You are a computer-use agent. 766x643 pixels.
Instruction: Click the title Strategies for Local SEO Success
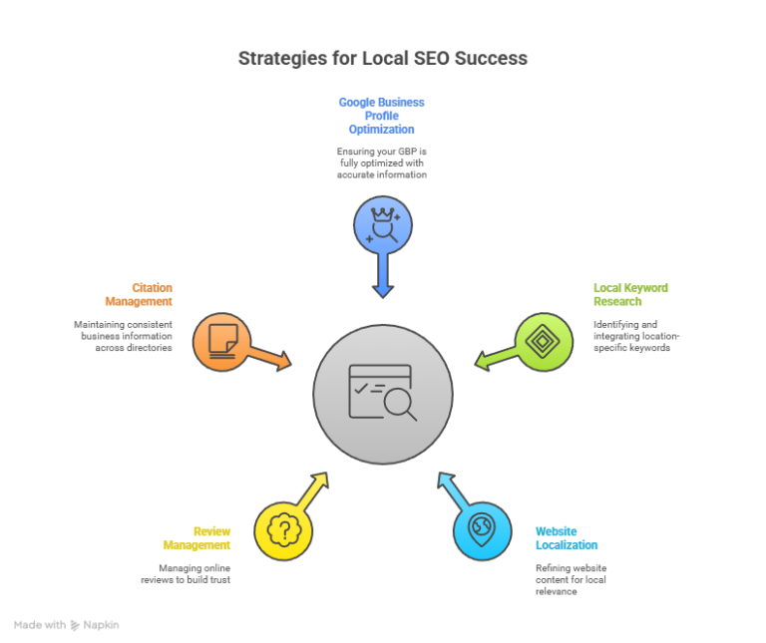(x=383, y=58)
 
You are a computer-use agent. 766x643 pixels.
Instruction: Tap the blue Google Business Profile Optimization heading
(x=381, y=116)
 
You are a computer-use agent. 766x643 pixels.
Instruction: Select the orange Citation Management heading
(x=139, y=294)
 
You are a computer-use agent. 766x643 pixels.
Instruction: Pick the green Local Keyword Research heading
(x=630, y=294)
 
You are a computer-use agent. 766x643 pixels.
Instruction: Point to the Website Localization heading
(x=567, y=537)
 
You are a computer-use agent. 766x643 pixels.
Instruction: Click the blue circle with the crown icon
(x=382, y=225)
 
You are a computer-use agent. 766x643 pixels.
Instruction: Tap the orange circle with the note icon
(x=221, y=342)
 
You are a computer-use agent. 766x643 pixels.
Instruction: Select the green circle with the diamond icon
(x=544, y=342)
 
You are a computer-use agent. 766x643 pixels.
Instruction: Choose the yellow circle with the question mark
(x=283, y=530)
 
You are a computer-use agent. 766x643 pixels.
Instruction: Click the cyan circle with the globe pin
(x=482, y=530)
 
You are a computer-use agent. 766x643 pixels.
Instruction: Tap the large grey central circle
(x=383, y=394)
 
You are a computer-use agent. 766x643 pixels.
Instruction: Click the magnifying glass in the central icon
(x=399, y=403)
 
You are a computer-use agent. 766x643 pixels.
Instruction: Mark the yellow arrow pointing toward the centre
(x=313, y=488)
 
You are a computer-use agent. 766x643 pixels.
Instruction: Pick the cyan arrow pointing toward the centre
(x=452, y=488)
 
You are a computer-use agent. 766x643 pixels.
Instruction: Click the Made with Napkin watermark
(x=66, y=624)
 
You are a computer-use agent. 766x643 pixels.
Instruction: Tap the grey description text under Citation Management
(x=123, y=336)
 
